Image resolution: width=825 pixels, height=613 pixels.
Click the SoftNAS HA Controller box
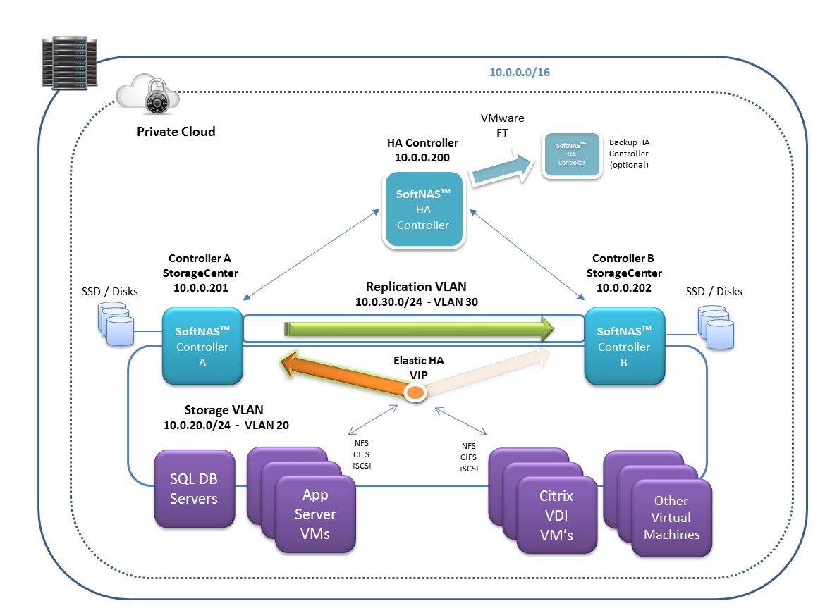(x=423, y=209)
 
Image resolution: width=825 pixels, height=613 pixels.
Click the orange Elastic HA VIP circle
(x=416, y=392)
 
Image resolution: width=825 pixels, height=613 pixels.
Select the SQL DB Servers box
(x=194, y=489)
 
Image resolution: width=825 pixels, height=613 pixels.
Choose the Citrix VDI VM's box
(x=556, y=516)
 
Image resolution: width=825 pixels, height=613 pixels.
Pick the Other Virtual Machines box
(x=671, y=518)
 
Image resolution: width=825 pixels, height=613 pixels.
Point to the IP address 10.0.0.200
(x=422, y=158)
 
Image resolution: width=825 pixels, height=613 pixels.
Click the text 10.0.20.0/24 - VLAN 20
(x=226, y=425)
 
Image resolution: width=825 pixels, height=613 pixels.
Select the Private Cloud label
(x=176, y=132)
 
